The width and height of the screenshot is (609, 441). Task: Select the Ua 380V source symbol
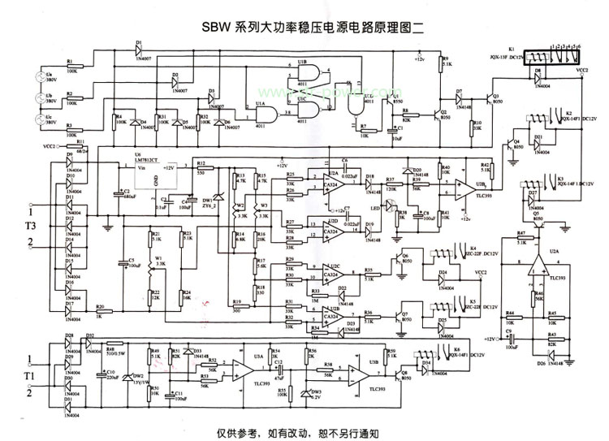point(37,80)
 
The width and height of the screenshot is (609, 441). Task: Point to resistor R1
point(71,66)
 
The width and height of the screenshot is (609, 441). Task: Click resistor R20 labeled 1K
point(101,310)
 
